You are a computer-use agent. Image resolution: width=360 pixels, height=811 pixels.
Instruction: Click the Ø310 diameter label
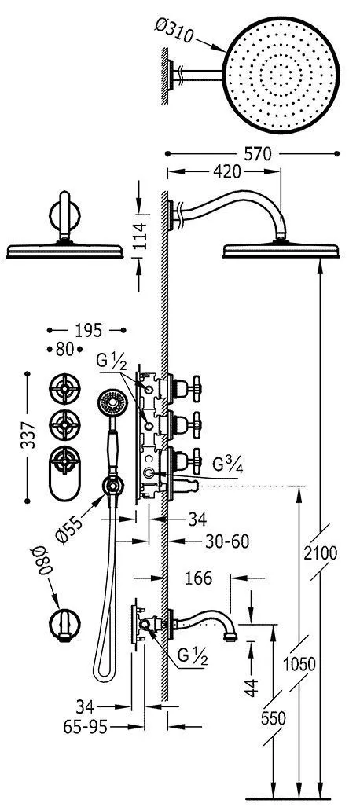[174, 31]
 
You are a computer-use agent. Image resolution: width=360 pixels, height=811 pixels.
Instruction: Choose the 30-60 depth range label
[226, 541]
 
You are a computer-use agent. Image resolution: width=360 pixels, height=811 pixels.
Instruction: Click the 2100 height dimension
[320, 553]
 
